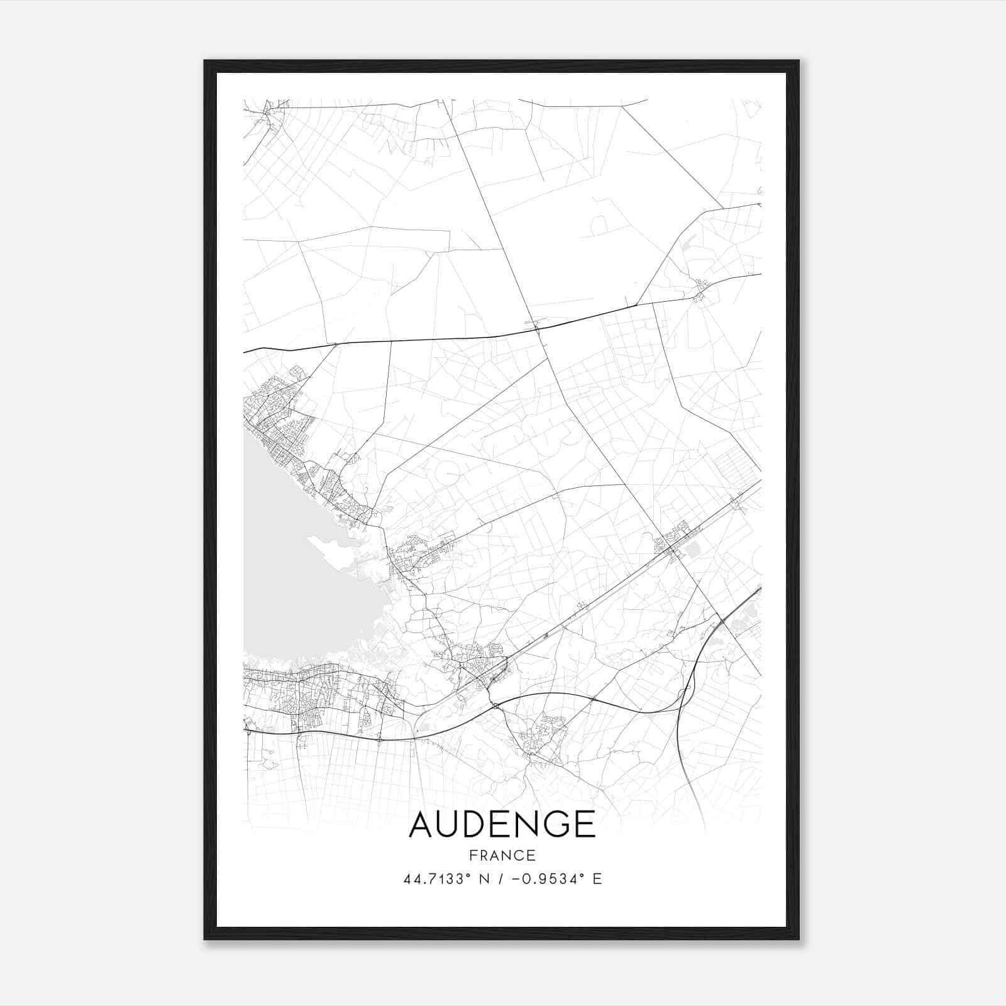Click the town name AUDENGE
tap(502, 824)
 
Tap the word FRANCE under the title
tap(502, 855)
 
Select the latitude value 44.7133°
tap(437, 879)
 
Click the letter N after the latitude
tap(484, 879)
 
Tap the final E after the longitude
tap(597, 879)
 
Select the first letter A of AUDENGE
tap(420, 824)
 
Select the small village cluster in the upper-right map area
tap(700, 291)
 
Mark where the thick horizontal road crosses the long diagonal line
tap(538, 328)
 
